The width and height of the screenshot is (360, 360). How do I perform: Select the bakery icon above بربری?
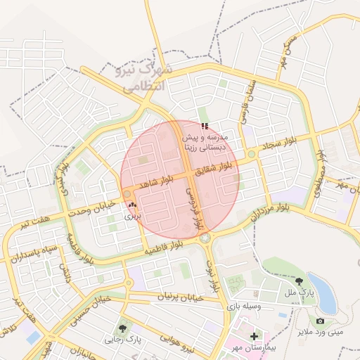point(133,205)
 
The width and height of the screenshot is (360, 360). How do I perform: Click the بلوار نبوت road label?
point(214,276)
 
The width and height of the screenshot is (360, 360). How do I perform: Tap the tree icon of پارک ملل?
point(300,281)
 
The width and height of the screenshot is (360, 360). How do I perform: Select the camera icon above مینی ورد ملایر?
point(320,321)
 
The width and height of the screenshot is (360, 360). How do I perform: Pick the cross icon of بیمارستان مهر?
point(254,336)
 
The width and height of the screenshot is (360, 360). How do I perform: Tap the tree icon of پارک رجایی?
point(124,328)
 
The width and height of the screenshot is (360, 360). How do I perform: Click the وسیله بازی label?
point(243,307)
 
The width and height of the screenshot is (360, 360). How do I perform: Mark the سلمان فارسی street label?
point(250,95)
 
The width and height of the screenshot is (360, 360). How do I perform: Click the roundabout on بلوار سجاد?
point(251,154)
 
